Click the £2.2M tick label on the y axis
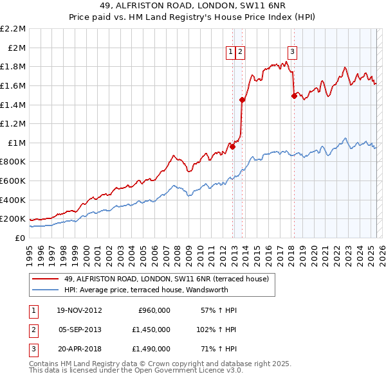click(13, 29)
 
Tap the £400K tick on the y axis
click(13, 200)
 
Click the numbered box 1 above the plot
click(230, 53)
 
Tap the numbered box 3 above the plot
click(292, 53)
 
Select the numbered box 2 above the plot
click(240, 53)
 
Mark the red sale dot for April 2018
click(294, 96)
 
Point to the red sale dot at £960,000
click(233, 146)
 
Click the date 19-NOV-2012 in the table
click(80, 310)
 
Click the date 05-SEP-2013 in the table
click(80, 329)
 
